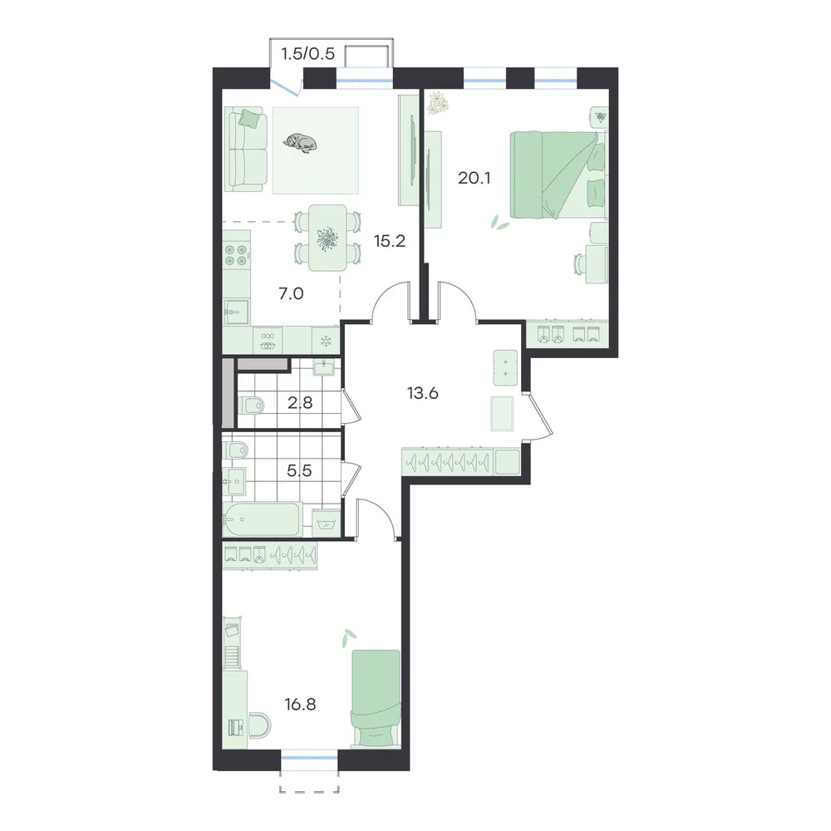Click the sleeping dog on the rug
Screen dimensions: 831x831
point(300,143)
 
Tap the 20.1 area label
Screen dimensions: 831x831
point(474,178)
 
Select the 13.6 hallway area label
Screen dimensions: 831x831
point(422,393)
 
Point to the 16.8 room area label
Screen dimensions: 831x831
point(300,705)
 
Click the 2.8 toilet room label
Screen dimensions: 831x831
point(300,403)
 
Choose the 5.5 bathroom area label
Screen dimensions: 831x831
point(299,470)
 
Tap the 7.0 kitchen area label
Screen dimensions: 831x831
point(291,293)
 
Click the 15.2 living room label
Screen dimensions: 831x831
point(390,241)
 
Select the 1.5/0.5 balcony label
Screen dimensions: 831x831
point(308,54)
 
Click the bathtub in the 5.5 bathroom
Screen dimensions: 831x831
point(263,519)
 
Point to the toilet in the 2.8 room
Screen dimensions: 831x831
point(251,406)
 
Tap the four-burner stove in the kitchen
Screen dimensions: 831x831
point(236,255)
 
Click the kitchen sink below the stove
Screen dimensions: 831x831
point(236,311)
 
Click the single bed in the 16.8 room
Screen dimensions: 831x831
point(376,699)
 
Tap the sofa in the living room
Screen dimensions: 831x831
point(245,149)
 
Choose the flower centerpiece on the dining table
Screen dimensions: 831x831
point(328,238)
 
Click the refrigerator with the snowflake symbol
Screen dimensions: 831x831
point(326,341)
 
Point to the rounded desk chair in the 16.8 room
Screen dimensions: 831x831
point(259,725)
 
